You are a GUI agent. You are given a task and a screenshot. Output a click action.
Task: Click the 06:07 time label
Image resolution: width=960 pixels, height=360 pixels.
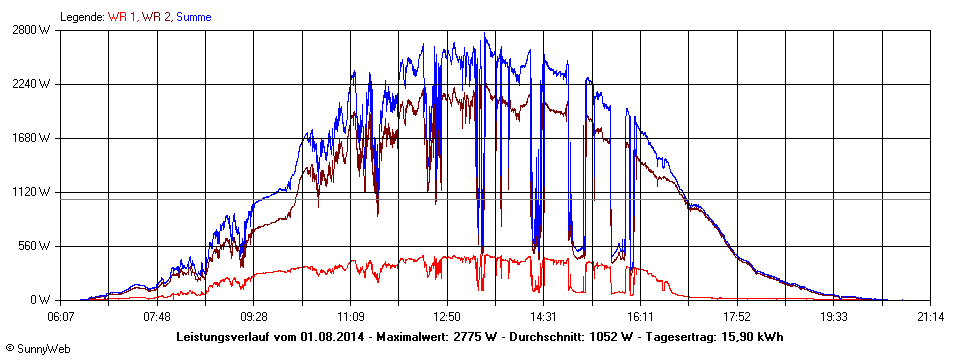[x=61, y=316]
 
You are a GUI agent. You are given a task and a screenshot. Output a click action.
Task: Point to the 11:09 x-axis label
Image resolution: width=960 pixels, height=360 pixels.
[x=351, y=316]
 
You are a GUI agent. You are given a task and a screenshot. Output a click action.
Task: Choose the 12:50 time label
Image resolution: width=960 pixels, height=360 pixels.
[x=447, y=316]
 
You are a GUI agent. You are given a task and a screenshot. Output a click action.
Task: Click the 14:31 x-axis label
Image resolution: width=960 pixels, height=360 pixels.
[x=544, y=316]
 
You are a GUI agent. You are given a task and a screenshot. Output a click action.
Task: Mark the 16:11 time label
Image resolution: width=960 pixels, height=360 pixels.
[x=640, y=316]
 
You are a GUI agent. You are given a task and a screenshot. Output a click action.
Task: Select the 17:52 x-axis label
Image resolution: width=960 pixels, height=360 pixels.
[x=737, y=316]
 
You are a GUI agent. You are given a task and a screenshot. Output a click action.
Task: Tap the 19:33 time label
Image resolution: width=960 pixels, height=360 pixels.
[x=833, y=316]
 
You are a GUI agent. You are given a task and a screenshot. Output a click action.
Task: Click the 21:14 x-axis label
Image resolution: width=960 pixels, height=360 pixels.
[x=930, y=316]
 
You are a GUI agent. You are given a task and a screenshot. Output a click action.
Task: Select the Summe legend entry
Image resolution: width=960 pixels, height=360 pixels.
[x=194, y=17]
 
